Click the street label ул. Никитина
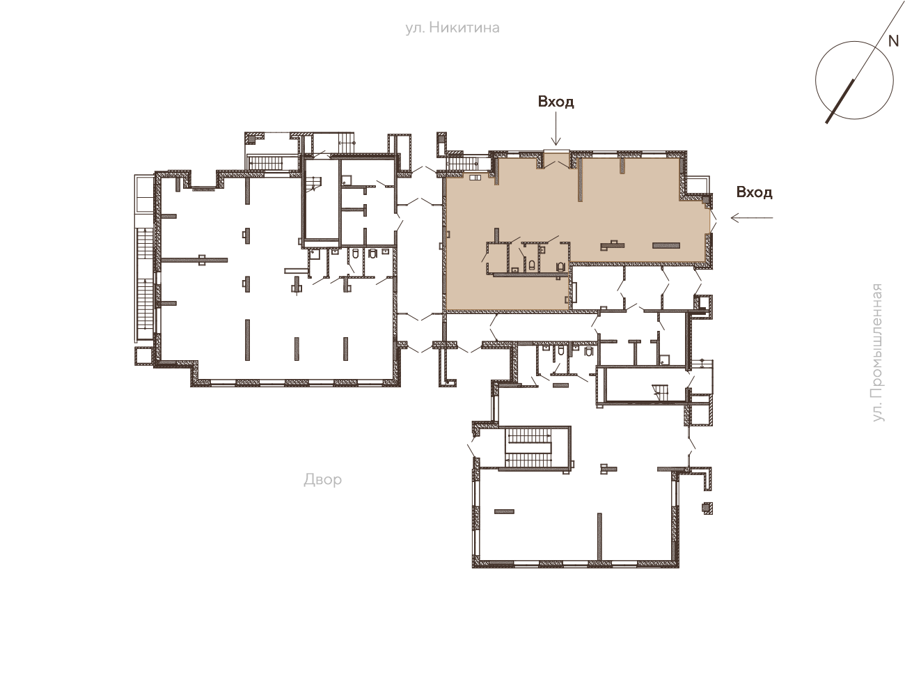(452, 28)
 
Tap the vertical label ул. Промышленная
(877, 352)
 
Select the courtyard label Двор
(322, 480)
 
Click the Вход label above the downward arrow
(556, 102)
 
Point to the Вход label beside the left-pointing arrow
(754, 192)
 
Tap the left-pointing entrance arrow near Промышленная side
(752, 217)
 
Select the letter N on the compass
(893, 41)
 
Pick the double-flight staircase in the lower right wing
(528, 449)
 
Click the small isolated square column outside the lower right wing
(707, 509)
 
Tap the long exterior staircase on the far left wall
(145, 284)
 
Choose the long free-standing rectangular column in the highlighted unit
(666, 245)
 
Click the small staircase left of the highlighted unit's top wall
(462, 164)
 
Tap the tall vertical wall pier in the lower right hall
(599, 536)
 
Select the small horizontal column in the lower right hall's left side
(504, 512)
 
